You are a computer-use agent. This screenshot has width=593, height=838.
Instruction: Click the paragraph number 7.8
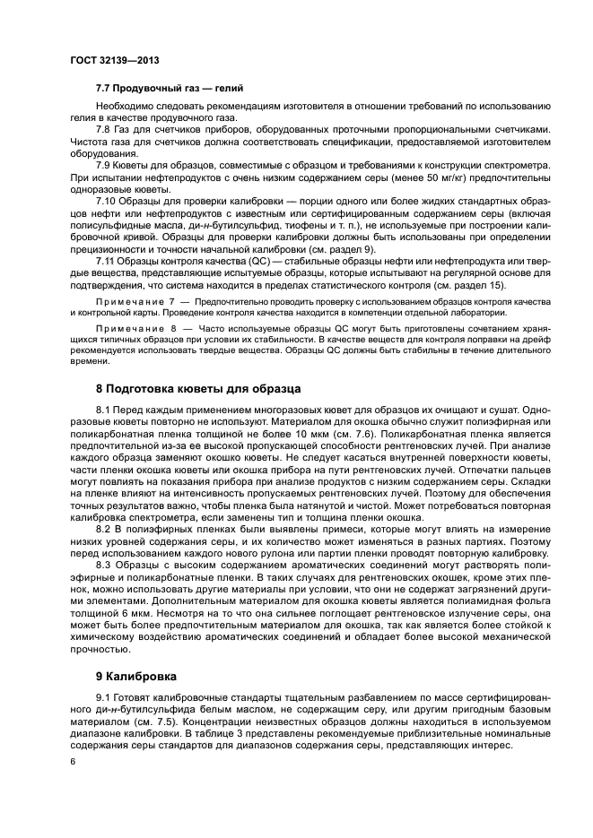[x=106, y=129]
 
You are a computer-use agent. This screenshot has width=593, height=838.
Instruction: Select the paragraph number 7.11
[x=108, y=259]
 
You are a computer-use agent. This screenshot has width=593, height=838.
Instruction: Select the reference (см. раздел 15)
[x=469, y=285]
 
